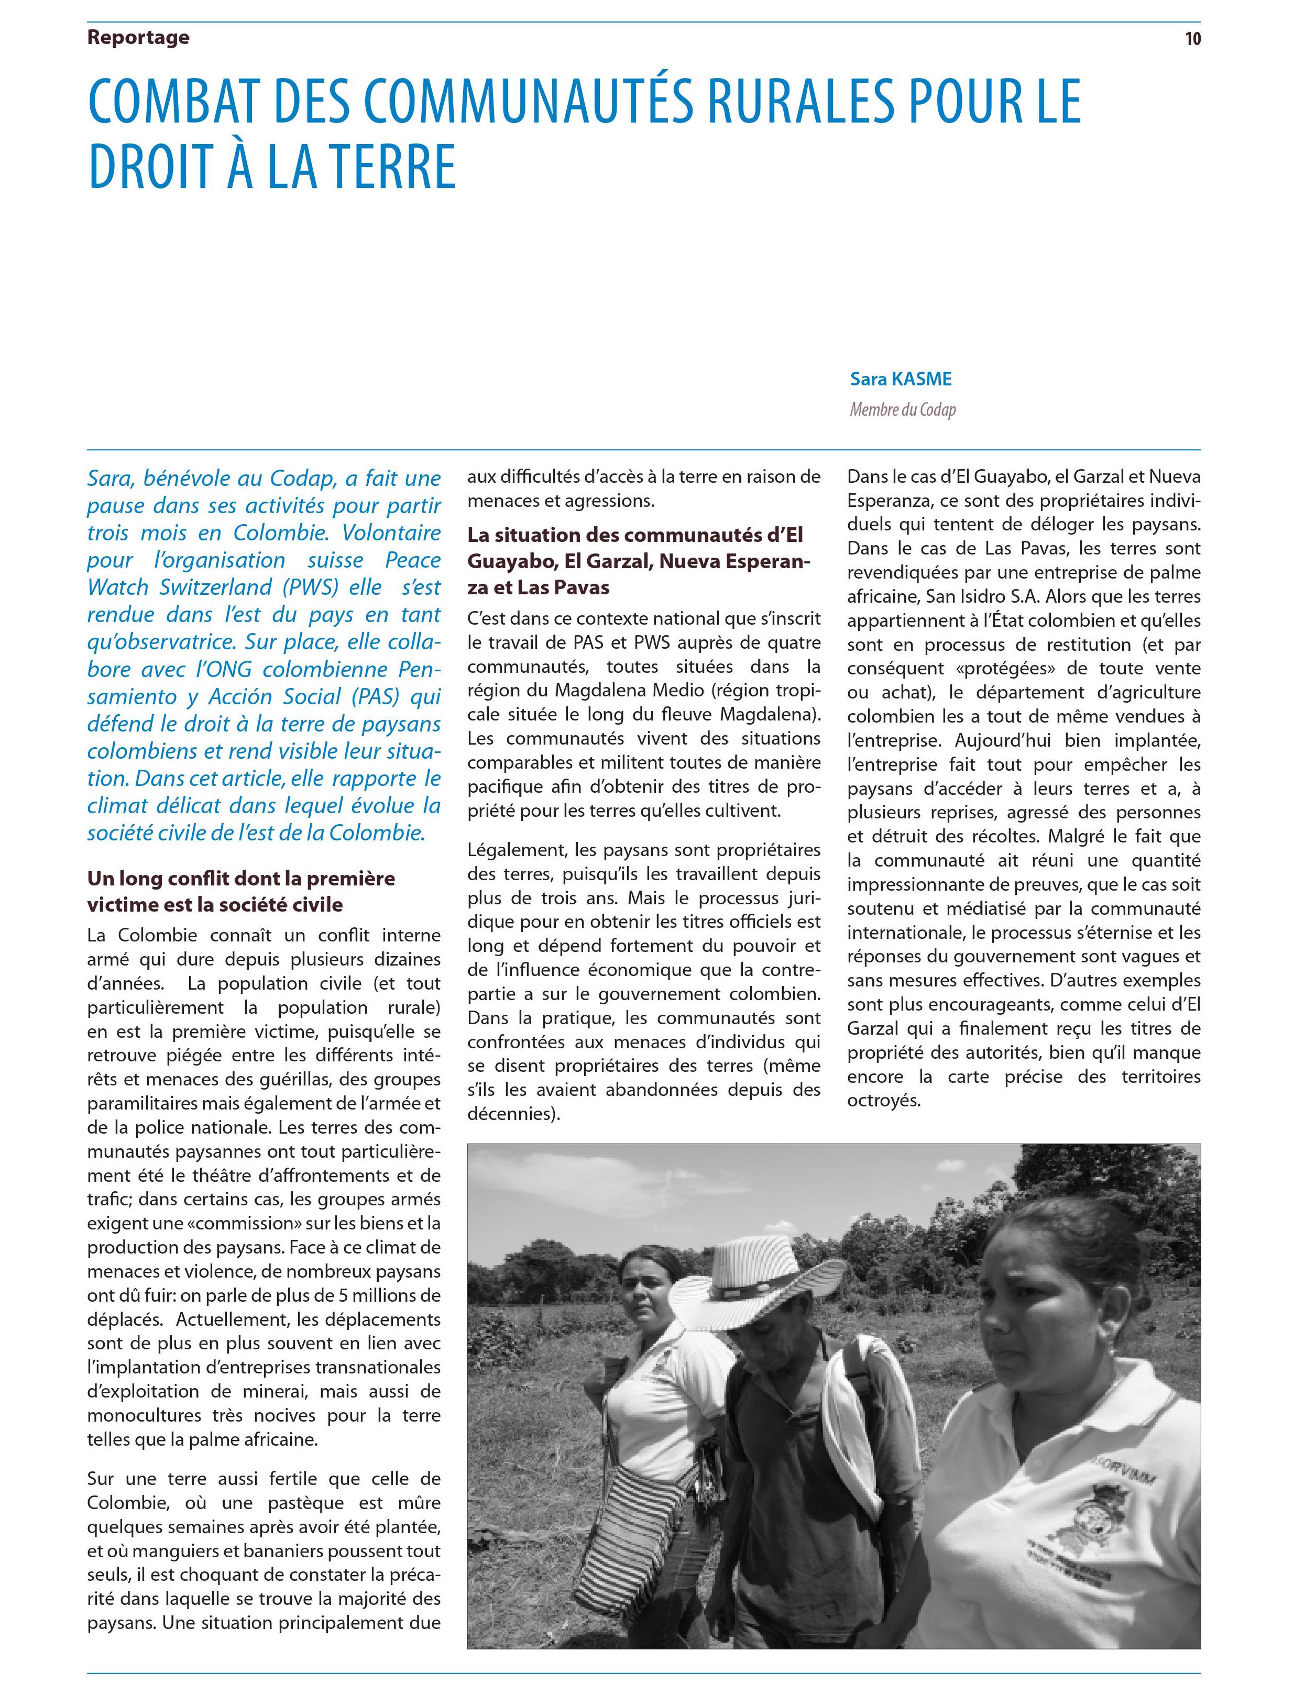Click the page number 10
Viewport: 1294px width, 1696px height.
(x=1192, y=39)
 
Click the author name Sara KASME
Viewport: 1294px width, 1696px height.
(x=901, y=379)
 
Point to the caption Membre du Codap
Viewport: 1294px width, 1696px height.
(x=902, y=409)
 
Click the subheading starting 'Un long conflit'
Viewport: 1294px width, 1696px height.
(x=240, y=891)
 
